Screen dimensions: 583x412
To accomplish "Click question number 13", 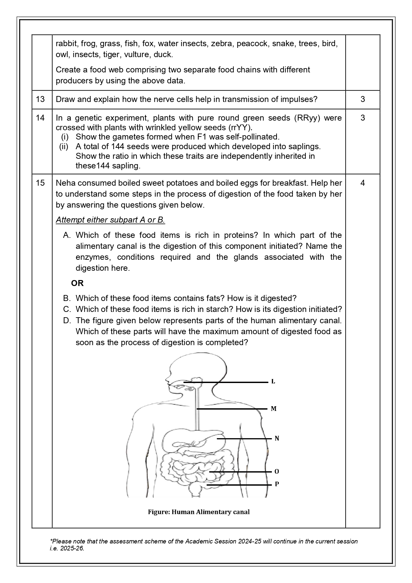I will tap(40, 99).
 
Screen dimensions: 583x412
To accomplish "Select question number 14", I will tap(40, 118).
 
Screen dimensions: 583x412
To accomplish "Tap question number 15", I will tap(40, 183).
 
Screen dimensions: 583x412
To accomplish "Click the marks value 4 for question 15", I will tap(363, 183).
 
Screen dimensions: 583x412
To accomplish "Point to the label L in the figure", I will tap(273, 382).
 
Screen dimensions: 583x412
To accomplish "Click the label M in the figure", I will tap(274, 409).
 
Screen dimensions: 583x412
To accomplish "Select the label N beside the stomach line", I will tap(277, 439).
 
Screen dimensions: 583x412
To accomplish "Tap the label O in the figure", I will tap(277, 472).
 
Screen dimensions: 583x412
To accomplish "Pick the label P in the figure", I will tap(277, 484).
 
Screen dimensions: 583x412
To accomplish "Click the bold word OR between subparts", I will tap(77, 283).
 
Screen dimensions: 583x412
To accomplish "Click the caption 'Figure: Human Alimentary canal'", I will tap(199, 512).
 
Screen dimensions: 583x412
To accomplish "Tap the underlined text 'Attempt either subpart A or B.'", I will tap(110, 220).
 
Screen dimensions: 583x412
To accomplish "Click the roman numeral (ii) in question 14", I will tap(64, 146).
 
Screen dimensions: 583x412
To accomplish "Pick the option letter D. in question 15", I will tap(67, 321).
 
